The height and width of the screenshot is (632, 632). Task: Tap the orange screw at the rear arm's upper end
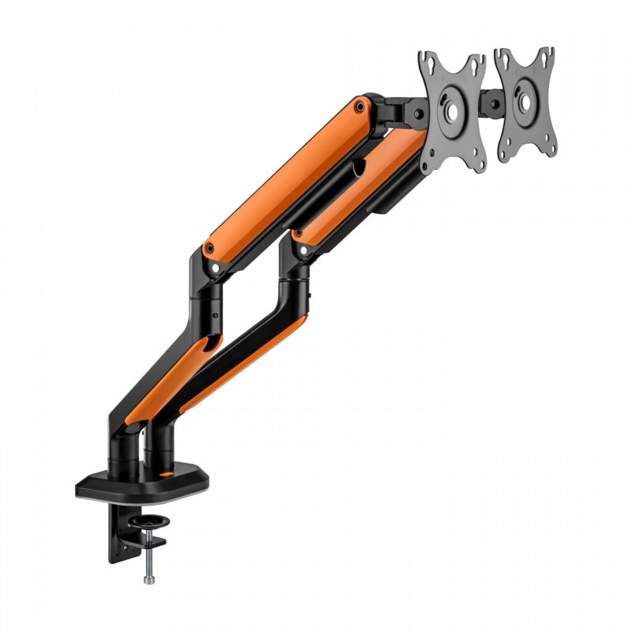361,104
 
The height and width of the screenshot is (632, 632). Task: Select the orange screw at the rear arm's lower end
209,249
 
